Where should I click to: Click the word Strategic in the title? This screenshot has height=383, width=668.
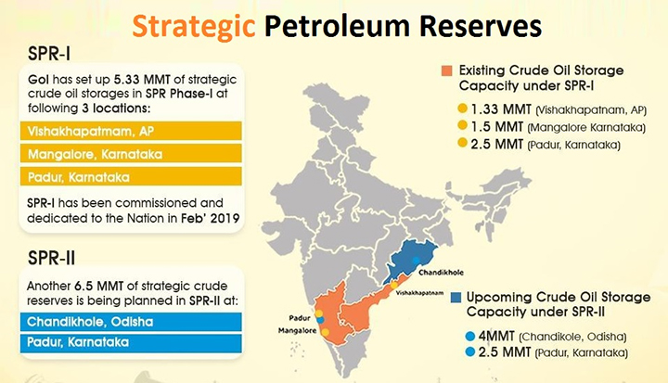(193, 27)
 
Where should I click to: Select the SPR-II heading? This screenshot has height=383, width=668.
(52, 258)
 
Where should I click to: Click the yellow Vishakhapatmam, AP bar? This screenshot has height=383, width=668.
(131, 131)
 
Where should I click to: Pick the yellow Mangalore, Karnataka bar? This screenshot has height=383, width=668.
(131, 154)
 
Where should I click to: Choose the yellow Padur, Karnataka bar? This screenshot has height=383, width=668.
(131, 176)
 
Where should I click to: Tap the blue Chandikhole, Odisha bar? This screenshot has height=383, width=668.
(131, 322)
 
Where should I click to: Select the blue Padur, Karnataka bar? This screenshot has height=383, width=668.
(131, 342)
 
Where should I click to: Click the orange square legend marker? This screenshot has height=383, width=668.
(446, 70)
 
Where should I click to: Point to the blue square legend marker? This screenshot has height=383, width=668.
(456, 298)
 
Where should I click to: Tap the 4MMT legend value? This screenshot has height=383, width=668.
(496, 336)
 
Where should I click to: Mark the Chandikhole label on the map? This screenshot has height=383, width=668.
(441, 273)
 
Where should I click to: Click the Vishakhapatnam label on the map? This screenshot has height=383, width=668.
(419, 293)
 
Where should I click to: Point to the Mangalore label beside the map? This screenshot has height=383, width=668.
(298, 330)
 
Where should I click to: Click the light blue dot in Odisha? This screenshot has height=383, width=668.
(416, 260)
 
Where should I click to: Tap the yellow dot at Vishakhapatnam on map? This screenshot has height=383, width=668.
(394, 285)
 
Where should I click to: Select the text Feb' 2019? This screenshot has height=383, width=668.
(210, 218)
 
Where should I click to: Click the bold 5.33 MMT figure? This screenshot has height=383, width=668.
(142, 80)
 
